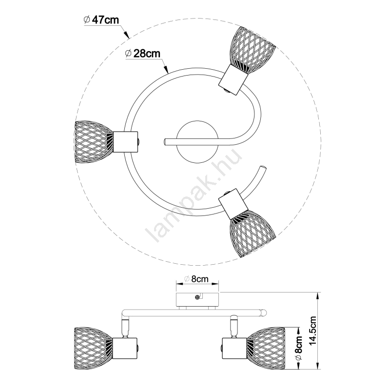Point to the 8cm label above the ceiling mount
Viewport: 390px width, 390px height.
[199, 279]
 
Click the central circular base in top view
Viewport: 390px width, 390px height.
[195, 141]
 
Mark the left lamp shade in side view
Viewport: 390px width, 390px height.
[93, 347]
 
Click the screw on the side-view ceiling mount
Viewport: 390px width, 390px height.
[197, 297]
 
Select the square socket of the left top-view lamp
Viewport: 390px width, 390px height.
[126, 142]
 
